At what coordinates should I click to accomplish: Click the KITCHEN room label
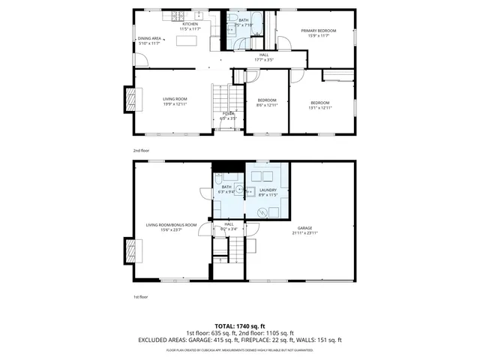tap(190, 24)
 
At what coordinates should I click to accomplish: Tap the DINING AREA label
tap(149, 38)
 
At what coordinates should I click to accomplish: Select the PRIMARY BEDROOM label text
tap(319, 31)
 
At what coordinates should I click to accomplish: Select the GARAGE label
tap(304, 228)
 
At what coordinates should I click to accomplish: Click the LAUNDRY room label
tap(268, 190)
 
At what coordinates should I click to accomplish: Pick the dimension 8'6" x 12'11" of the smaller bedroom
tap(267, 105)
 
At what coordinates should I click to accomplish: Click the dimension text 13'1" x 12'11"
tap(319, 107)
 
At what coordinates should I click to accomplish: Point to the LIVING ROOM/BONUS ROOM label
tap(171, 225)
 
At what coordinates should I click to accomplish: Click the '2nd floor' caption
tap(140, 150)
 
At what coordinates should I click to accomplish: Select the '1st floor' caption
tap(140, 297)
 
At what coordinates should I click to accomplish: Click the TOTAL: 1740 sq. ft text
tap(239, 326)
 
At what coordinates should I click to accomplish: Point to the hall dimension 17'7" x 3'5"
tap(264, 59)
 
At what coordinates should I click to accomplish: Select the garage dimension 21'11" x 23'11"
tap(304, 233)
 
